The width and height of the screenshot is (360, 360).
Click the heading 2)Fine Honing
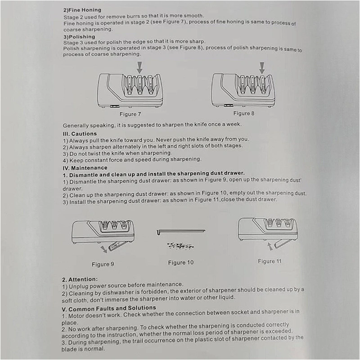(x=82, y=10)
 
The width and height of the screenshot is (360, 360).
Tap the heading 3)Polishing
(x=79, y=37)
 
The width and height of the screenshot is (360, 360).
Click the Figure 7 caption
(x=130, y=114)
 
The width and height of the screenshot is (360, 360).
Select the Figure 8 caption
(x=244, y=113)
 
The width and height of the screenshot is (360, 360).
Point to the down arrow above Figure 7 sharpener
(x=139, y=67)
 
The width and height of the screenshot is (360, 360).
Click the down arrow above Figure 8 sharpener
(x=262, y=68)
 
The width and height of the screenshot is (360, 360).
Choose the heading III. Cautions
(x=80, y=134)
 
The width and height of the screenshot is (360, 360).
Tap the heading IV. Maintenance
(x=85, y=168)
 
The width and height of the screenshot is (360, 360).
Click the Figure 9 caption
(x=103, y=264)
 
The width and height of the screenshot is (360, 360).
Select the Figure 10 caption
(x=181, y=262)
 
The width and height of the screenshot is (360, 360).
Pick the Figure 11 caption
(x=270, y=261)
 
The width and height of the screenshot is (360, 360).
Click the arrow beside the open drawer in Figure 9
(x=104, y=249)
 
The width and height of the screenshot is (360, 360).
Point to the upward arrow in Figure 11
(x=270, y=247)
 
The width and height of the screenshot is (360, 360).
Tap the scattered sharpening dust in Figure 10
(x=180, y=246)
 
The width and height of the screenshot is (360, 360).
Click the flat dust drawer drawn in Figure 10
(x=181, y=231)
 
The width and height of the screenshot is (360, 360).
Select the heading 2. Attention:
(x=80, y=279)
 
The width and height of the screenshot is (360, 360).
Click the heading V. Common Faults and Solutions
(x=109, y=308)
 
